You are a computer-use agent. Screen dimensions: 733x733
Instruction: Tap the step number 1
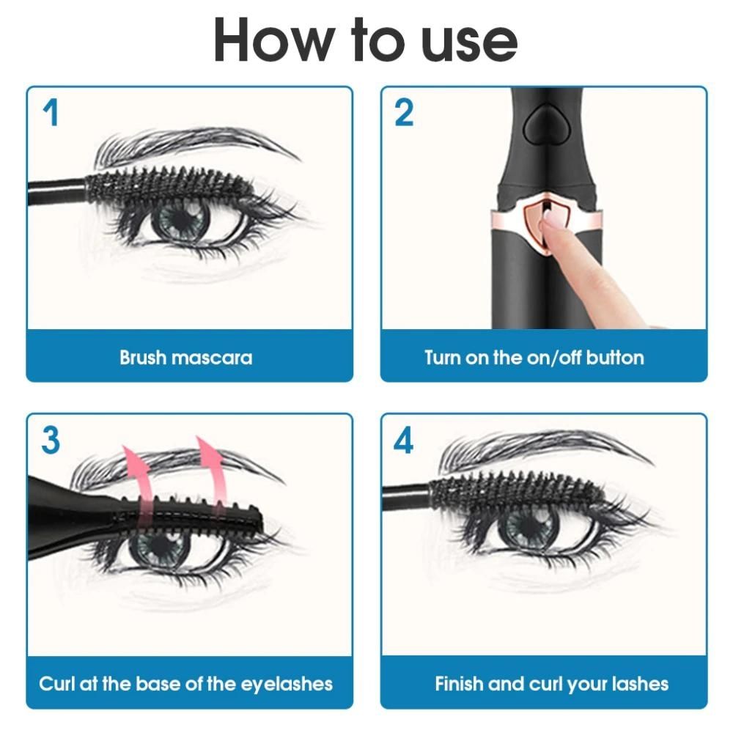(x=50, y=114)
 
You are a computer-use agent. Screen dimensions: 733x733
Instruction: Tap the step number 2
(x=404, y=114)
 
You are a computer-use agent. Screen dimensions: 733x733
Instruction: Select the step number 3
(x=50, y=441)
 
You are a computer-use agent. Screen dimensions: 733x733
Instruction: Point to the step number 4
(x=404, y=441)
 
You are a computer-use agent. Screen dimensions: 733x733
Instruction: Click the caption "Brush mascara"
(x=186, y=358)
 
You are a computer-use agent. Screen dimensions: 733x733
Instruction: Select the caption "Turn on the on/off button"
(x=534, y=358)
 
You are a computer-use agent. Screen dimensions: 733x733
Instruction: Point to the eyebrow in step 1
(x=191, y=143)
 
